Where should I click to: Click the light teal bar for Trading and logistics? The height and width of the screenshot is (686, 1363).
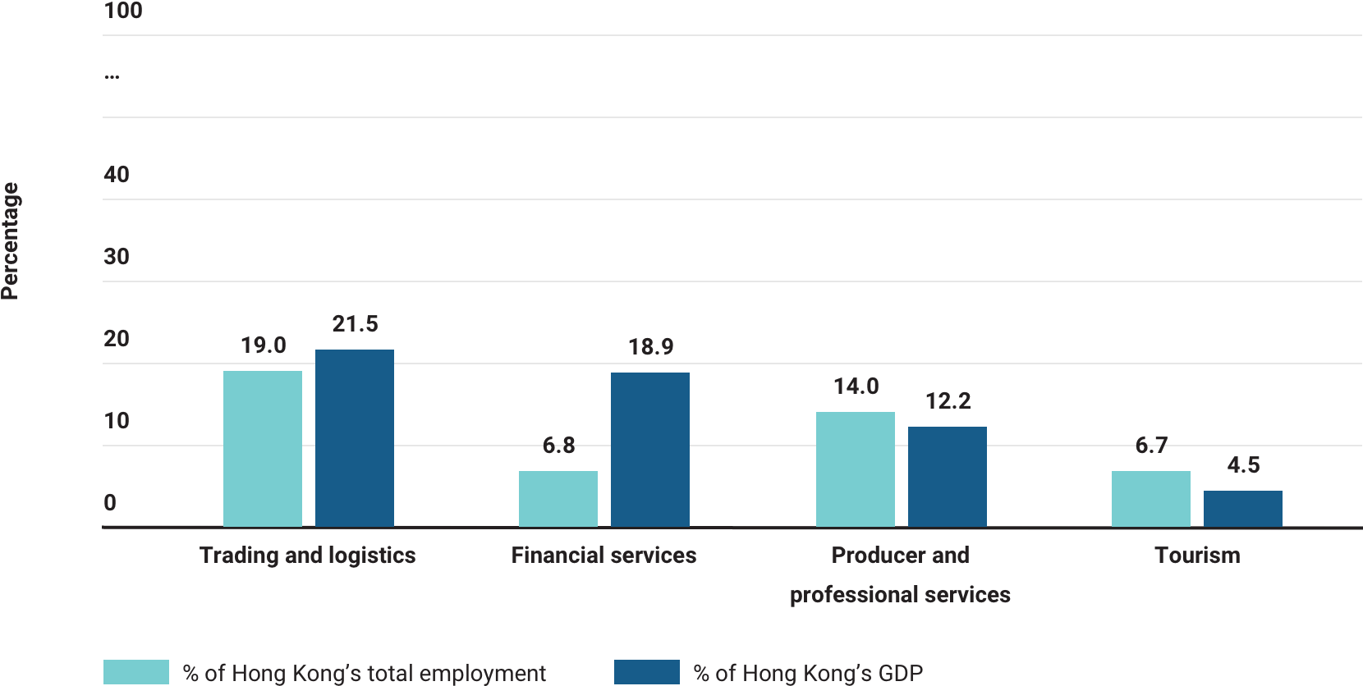click(263, 448)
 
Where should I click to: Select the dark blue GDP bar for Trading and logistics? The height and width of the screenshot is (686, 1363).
click(355, 437)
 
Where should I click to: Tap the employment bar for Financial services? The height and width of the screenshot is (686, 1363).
click(558, 498)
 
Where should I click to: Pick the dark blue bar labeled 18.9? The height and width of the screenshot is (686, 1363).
click(650, 449)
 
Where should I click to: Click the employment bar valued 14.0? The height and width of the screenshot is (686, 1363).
click(856, 469)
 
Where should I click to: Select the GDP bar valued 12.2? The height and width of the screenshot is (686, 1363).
click(948, 476)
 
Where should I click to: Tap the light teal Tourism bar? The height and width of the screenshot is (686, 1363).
click(1151, 498)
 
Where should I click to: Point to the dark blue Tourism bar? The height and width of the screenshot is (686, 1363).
click(1243, 508)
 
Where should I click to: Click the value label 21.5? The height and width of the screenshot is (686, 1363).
click(355, 324)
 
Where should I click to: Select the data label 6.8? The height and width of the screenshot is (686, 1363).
click(558, 446)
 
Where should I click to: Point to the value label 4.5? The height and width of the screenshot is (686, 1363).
click(1243, 465)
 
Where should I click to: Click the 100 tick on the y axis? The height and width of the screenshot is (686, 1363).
click(123, 11)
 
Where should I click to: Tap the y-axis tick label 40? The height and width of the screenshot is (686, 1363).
click(117, 175)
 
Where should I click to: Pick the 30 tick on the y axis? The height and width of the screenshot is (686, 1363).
click(117, 257)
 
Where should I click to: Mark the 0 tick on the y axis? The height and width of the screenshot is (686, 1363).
click(110, 503)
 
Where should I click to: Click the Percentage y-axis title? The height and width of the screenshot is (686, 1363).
click(10, 240)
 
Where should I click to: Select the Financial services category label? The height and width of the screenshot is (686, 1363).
click(603, 556)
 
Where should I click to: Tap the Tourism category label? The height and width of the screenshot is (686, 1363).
click(1197, 556)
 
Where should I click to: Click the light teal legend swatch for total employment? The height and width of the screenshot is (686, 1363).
click(136, 672)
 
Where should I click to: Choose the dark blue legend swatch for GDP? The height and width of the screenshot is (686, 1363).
click(647, 672)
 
